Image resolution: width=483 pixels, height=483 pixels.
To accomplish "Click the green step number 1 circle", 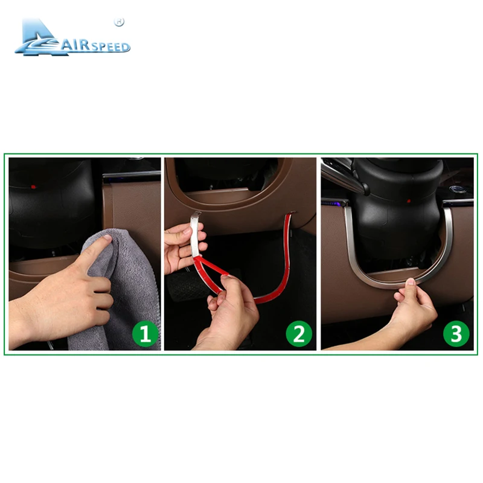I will [x=145, y=333].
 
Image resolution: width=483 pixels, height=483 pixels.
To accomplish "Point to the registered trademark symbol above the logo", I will [x=119, y=22].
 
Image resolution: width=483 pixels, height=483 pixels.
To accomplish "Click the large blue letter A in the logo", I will [x=37, y=37].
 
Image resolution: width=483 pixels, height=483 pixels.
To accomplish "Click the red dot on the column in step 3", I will [x=410, y=200].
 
